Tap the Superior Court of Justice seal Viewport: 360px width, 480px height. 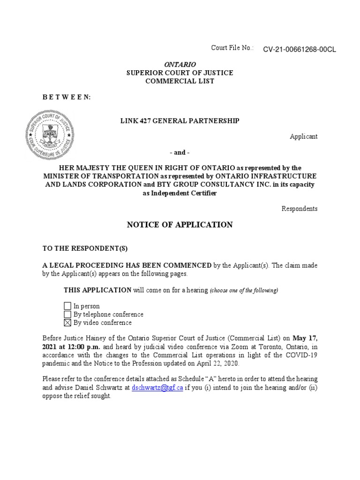49,134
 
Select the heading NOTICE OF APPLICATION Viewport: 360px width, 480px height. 180,225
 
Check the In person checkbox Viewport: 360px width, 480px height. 67,306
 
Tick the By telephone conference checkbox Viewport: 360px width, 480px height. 67,314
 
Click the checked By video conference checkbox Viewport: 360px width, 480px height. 67,322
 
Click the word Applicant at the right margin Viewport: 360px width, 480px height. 303,136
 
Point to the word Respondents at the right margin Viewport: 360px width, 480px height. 300,209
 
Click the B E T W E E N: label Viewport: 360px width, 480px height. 67,97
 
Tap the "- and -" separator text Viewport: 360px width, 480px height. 180,152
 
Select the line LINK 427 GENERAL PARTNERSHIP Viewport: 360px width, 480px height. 180,121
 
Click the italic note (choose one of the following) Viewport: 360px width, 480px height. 244,291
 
